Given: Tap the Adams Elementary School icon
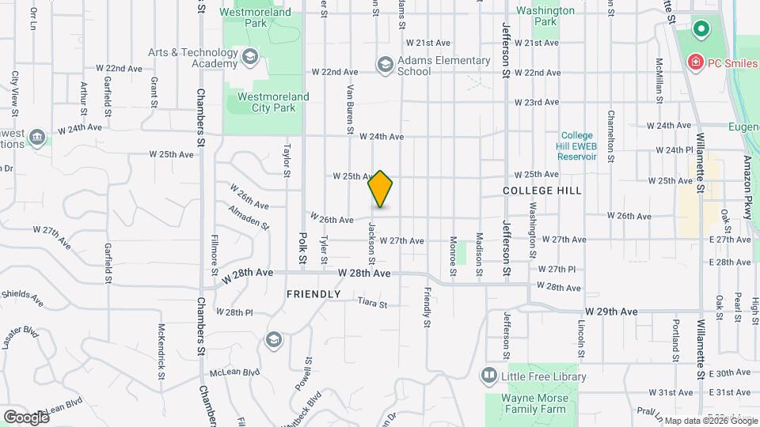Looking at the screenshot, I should (386, 65).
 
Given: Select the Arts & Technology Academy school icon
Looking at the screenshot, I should (250, 56).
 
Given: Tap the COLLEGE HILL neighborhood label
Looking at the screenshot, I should (542, 191).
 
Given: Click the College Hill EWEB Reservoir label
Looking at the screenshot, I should (577, 145).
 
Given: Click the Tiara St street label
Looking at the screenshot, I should (372, 303).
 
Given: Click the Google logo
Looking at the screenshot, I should (26, 417).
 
